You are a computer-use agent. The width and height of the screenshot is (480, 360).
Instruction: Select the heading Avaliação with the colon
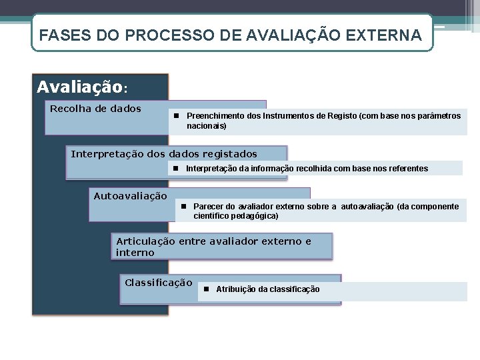click(82, 87)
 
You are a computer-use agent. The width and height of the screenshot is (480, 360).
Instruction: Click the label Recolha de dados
click(95, 108)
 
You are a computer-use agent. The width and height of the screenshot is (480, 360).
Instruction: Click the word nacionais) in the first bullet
click(207, 125)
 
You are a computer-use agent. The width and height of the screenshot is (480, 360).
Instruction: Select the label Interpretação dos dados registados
click(164, 154)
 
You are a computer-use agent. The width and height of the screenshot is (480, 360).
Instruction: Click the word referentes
click(407, 169)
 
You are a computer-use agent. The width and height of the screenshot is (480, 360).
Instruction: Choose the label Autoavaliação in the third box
click(131, 196)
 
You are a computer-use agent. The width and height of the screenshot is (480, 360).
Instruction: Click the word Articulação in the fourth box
click(146, 241)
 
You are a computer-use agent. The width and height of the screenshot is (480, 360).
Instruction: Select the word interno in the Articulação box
click(135, 253)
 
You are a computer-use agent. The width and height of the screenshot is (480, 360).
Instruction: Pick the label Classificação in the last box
click(159, 283)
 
